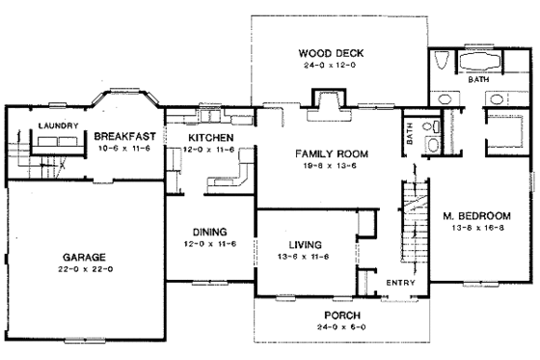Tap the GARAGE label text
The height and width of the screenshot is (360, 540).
pyautogui.click(x=84, y=258)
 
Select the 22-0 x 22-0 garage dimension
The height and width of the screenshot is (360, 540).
pyautogui.click(x=84, y=269)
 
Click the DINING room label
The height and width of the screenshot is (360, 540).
pyautogui.click(x=209, y=233)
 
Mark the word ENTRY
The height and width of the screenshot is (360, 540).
pyautogui.click(x=398, y=283)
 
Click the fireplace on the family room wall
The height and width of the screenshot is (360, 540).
pyautogui.click(x=324, y=100)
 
